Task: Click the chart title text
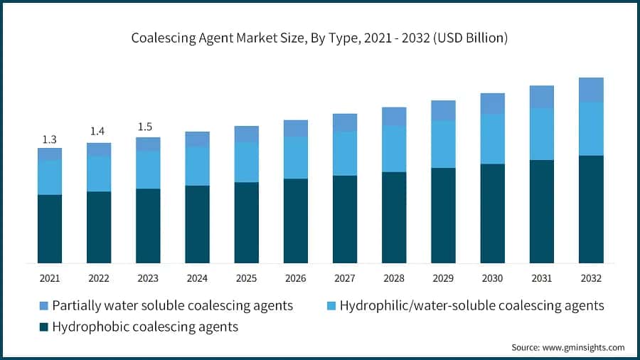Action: [x=319, y=38]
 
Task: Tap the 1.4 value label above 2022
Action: [x=99, y=132]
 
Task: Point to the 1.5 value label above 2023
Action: [x=148, y=127]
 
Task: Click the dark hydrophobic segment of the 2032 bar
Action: [x=590, y=209]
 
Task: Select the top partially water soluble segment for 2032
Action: [x=590, y=90]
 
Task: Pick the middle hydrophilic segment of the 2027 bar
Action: [x=345, y=154]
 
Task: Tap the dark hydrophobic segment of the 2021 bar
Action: [x=50, y=228]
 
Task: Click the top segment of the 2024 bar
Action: [x=197, y=139]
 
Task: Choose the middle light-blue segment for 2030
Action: [x=492, y=139]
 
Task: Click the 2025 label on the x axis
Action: [x=246, y=277]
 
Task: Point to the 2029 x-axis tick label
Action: [x=443, y=277]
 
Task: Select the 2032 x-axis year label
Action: [x=590, y=277]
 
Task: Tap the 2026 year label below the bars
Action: [x=295, y=277]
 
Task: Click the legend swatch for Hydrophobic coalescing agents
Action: [x=44, y=327]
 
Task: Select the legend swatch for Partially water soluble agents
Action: [x=44, y=306]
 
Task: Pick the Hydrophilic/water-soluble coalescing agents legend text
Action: [x=471, y=306]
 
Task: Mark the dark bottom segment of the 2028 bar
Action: [x=394, y=217]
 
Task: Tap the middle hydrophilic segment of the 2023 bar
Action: [x=148, y=169]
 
